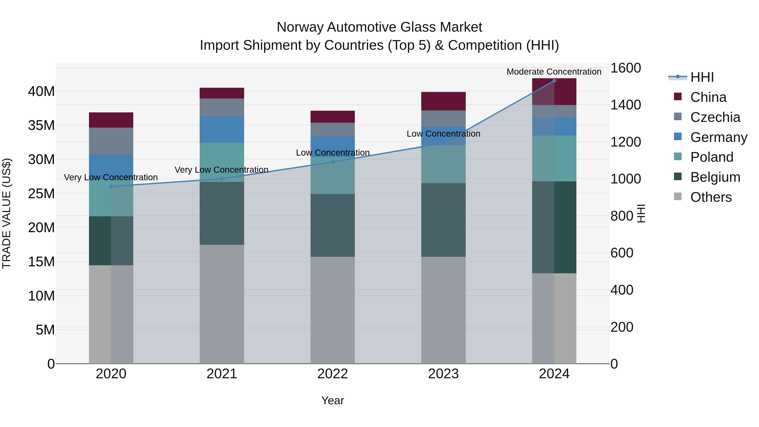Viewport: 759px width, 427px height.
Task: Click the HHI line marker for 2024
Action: point(554,81)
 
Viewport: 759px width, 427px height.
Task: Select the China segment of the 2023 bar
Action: point(443,101)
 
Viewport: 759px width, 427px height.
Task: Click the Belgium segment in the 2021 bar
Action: point(222,213)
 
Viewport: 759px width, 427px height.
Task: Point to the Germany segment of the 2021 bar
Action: point(222,130)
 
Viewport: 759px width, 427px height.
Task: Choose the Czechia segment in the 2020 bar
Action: point(111,141)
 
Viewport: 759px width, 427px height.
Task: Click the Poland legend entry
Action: point(712,157)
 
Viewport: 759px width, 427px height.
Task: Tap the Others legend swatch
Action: point(678,197)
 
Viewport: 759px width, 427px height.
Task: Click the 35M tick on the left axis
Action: point(41,125)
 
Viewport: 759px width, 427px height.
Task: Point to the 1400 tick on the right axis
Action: point(625,105)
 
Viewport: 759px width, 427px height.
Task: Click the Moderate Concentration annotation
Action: point(554,72)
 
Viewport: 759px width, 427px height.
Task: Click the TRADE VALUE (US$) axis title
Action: point(7,213)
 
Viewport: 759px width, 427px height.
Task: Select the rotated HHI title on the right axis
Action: point(641,213)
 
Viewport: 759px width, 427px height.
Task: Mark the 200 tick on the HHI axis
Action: point(622,327)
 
